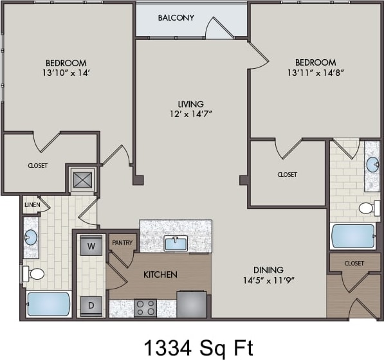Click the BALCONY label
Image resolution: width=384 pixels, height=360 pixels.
(176, 17)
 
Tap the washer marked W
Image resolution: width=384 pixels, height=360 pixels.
(91, 246)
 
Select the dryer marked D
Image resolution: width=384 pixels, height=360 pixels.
(91, 305)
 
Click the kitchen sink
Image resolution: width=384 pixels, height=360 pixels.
(176, 243)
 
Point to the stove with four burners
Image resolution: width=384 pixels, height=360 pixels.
(146, 307)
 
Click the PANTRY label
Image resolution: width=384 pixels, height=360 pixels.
(122, 243)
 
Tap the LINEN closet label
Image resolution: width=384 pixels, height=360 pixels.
(32, 205)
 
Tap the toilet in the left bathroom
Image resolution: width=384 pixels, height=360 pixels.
(35, 274)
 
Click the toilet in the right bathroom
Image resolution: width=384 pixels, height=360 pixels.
(369, 208)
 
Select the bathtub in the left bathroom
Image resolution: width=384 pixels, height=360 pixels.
(49, 303)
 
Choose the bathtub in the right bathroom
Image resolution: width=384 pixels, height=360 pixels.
(353, 236)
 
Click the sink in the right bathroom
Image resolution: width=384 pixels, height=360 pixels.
(372, 164)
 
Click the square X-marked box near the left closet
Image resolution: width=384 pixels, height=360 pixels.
(82, 179)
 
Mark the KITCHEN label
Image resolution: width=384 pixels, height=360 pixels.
(160, 274)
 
